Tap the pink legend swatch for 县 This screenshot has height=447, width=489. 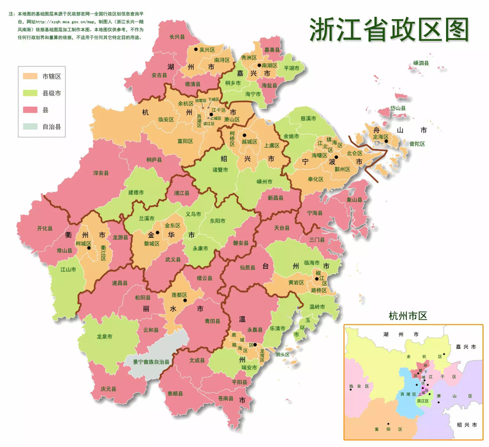click(x=30, y=110)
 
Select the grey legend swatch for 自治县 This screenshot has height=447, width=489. click(x=30, y=126)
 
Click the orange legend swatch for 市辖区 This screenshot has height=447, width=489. click(x=30, y=76)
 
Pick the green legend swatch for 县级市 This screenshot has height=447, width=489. click(x=30, y=93)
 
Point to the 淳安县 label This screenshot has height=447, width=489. click(x=101, y=173)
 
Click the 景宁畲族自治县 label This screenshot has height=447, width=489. click(x=151, y=362)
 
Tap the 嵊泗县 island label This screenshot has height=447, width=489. click(x=421, y=63)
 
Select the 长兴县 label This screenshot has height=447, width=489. click(x=177, y=37)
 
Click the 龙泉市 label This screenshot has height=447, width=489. click(x=104, y=337)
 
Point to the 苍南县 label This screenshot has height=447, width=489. click(x=225, y=398)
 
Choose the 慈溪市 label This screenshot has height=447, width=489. click(x=308, y=119)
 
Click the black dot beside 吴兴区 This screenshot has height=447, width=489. click(x=196, y=50)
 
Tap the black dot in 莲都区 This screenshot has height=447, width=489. click(x=185, y=300)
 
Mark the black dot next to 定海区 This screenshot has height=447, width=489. click(x=386, y=141)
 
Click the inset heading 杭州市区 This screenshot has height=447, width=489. click(x=408, y=316)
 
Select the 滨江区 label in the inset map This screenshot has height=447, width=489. click(x=422, y=401)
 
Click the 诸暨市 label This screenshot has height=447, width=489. click(x=220, y=170)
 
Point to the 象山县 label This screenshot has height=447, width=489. click(x=354, y=200)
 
